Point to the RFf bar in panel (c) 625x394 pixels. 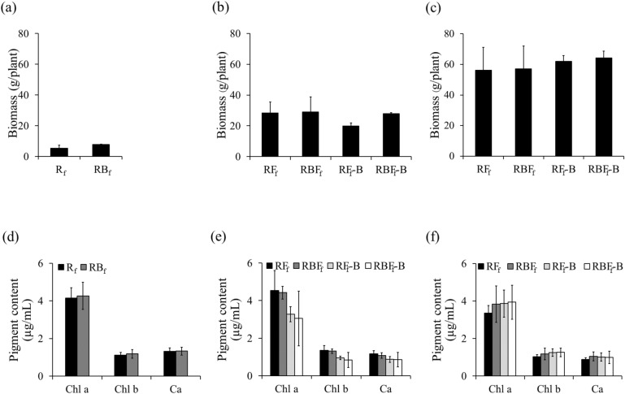(461, 113)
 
